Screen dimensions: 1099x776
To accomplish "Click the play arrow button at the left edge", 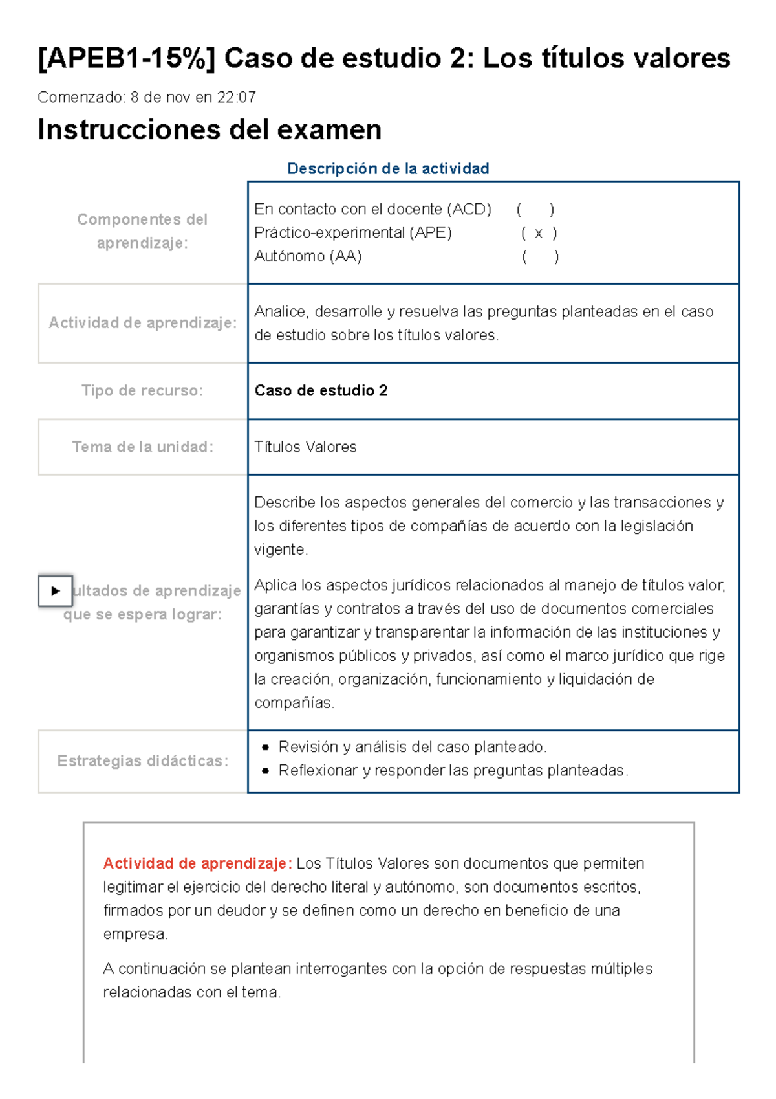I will pyautogui.click(x=55, y=591).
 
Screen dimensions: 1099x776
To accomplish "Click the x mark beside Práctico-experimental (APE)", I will pyautogui.click(x=539, y=234).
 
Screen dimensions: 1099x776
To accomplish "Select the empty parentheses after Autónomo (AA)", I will pyautogui.click(x=540, y=257).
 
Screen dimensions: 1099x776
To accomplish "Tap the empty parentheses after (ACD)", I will pyautogui.click(x=535, y=210).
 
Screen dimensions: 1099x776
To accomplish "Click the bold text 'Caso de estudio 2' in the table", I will pyautogui.click(x=321, y=391).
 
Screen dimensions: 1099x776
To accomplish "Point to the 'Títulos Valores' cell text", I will pyautogui.click(x=305, y=447).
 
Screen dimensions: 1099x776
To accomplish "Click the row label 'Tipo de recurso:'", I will pyautogui.click(x=142, y=391).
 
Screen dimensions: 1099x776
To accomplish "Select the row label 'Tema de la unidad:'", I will pyautogui.click(x=142, y=447).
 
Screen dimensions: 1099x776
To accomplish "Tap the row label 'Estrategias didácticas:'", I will pyautogui.click(x=142, y=761).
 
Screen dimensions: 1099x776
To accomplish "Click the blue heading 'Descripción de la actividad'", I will pyautogui.click(x=388, y=169).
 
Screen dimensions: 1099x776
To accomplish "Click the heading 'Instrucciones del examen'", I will pyautogui.click(x=210, y=130).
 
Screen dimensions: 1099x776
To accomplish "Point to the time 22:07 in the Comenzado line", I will pyautogui.click(x=237, y=98).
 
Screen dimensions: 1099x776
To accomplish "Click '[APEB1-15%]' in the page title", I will pyautogui.click(x=126, y=59).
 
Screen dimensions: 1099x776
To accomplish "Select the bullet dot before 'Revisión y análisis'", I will pyautogui.click(x=266, y=748).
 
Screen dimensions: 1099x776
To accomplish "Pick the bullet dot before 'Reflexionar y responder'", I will pyautogui.click(x=266, y=771).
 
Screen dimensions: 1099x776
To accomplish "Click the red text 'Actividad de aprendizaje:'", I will pyautogui.click(x=197, y=864).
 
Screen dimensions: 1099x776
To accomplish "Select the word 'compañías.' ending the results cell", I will pyautogui.click(x=294, y=704).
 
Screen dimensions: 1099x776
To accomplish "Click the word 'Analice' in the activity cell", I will pyautogui.click(x=281, y=312).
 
